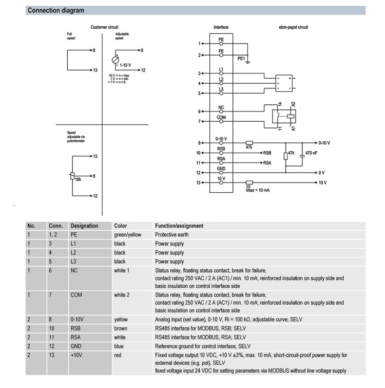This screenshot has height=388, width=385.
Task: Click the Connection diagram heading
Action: (x=56, y=10)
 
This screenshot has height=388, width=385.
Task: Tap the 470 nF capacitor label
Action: (x=311, y=153)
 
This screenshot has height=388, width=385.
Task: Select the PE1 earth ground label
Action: (x=241, y=59)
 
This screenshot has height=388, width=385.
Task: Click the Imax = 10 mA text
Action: (x=258, y=190)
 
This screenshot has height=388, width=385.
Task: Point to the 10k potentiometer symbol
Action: (x=72, y=176)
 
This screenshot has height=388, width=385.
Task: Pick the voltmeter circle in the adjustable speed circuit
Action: (x=115, y=60)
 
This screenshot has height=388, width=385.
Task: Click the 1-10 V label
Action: (x=125, y=65)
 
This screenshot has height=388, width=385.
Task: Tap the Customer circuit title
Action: (x=104, y=27)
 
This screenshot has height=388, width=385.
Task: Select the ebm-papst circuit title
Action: (x=293, y=27)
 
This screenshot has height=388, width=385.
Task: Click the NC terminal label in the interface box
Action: (x=221, y=107)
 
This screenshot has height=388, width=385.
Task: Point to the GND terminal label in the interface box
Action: (x=221, y=169)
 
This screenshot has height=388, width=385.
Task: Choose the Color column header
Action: (x=120, y=226)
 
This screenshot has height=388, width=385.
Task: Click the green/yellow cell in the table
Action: (x=127, y=235)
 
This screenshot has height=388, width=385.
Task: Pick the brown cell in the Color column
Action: (x=121, y=328)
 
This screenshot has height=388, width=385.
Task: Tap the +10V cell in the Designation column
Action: (x=76, y=355)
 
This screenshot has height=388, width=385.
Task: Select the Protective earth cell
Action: (x=172, y=234)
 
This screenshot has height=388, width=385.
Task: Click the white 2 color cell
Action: (x=122, y=295)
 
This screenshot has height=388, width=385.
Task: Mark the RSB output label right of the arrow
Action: (x=267, y=153)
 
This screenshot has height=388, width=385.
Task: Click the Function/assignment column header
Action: (x=179, y=226)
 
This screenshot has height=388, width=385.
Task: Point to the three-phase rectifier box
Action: (x=284, y=83)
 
